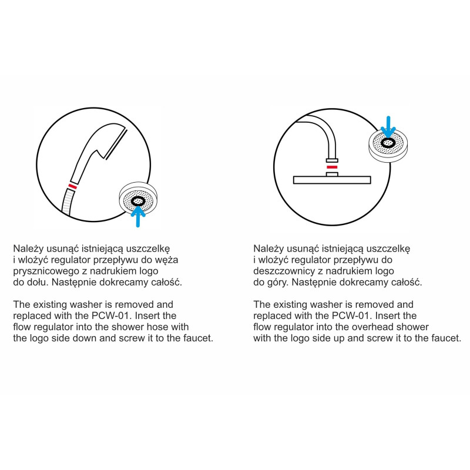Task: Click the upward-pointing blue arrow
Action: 138,216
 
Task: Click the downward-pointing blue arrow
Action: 388,127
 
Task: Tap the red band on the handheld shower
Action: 72,186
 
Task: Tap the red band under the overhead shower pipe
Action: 332,167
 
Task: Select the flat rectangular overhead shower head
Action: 332,180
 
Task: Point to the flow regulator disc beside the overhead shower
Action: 388,146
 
